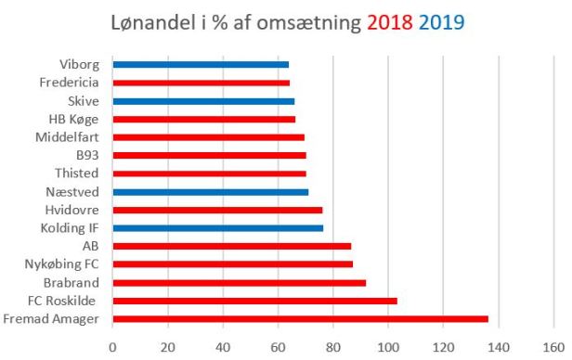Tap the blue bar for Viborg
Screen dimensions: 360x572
click(x=201, y=65)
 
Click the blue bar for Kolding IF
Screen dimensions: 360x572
click(x=217, y=228)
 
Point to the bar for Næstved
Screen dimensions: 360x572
click(x=210, y=192)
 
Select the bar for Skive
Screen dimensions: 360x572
click(x=203, y=101)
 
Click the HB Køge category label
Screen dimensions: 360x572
click(x=81, y=119)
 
